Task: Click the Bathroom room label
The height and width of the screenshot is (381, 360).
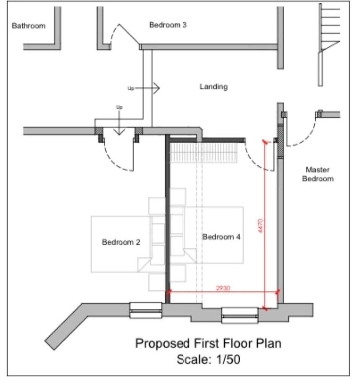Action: (28, 26)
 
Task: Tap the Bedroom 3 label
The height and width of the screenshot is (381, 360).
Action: (168, 25)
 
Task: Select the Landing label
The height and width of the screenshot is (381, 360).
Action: (214, 87)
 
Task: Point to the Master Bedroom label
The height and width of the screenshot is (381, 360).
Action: (318, 174)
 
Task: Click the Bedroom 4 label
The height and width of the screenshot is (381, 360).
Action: (221, 237)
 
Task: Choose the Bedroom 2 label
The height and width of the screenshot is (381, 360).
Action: (121, 242)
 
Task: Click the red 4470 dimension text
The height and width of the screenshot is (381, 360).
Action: (260, 226)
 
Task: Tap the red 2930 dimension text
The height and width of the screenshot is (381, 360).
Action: (223, 288)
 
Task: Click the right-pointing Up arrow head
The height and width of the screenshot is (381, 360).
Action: (156, 88)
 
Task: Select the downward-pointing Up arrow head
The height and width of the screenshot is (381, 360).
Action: (119, 131)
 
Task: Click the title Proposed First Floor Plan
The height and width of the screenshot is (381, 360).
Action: (208, 343)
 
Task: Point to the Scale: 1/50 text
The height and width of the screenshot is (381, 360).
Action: (209, 359)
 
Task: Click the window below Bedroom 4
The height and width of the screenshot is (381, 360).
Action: (240, 316)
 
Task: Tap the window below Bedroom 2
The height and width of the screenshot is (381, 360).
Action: (146, 310)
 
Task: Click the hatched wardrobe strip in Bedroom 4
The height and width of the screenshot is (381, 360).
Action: (203, 153)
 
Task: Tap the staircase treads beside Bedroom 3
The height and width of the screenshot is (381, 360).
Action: (331, 29)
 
